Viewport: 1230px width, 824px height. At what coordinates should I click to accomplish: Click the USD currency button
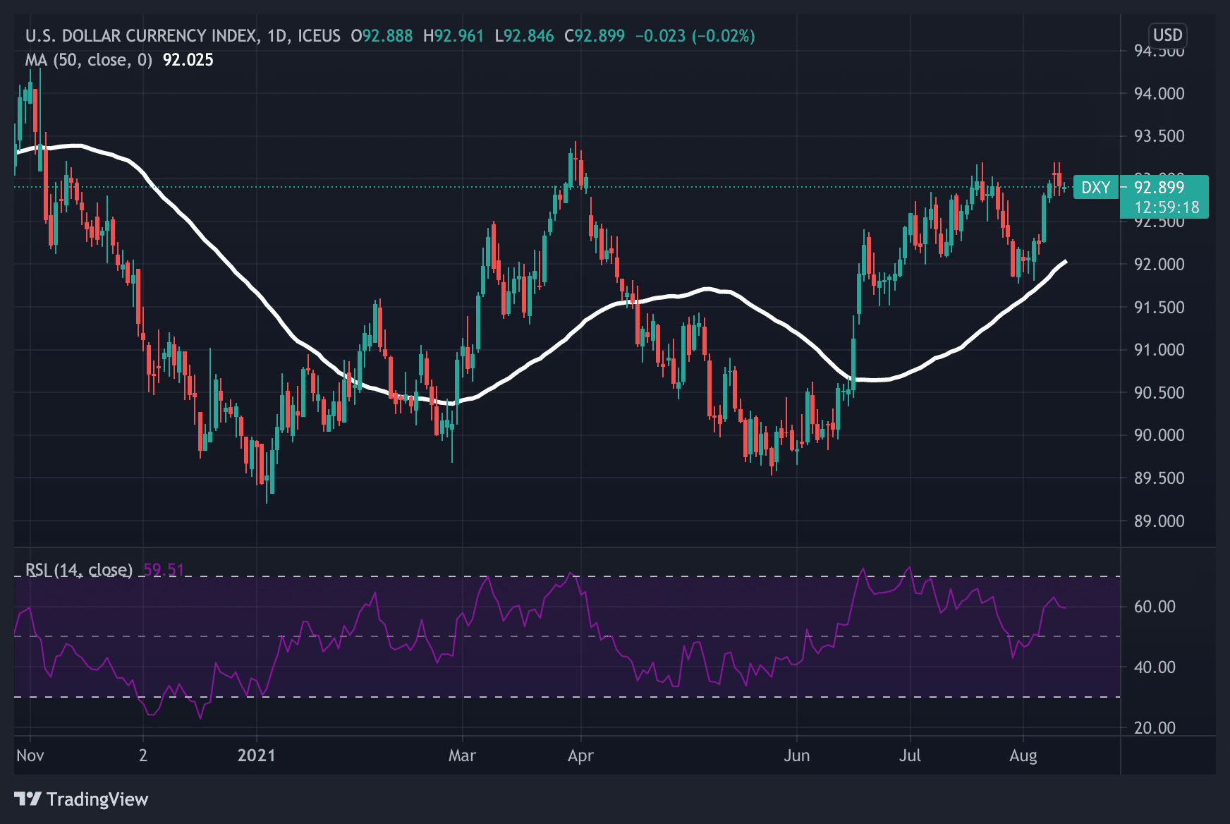(x=1167, y=35)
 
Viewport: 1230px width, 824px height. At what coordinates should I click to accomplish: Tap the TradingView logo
(x=81, y=799)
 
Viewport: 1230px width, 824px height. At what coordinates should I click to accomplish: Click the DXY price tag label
(x=1095, y=188)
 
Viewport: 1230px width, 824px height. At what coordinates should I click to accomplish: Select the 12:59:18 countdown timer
(x=1167, y=207)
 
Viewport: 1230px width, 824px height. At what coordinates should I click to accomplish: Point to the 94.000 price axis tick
(x=1159, y=94)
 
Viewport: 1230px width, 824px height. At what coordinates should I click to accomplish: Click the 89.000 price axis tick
(x=1159, y=521)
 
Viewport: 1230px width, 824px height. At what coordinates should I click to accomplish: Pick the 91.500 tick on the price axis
(x=1159, y=308)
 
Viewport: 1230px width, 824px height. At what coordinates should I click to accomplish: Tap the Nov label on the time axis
(x=30, y=756)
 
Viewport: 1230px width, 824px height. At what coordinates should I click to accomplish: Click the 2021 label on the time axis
(x=256, y=756)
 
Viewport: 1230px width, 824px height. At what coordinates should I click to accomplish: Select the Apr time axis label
(x=580, y=756)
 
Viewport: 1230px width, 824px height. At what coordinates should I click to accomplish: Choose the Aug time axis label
(x=1023, y=756)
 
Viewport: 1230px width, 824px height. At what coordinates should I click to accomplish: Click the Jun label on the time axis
(x=797, y=756)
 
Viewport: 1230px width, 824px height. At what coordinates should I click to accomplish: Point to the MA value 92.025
(x=188, y=60)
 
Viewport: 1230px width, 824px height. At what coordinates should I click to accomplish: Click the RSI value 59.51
(x=164, y=570)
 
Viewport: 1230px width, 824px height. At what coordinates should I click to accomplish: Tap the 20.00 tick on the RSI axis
(x=1155, y=728)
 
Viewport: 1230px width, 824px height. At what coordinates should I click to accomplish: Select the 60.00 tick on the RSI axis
(x=1155, y=607)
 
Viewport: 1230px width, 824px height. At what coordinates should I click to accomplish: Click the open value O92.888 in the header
(x=382, y=36)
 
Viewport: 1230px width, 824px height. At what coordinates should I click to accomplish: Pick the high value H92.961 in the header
(x=453, y=36)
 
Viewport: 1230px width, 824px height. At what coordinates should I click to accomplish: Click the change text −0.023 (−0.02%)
(x=695, y=36)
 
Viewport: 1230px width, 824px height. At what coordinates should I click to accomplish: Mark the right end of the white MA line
(x=1065, y=262)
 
